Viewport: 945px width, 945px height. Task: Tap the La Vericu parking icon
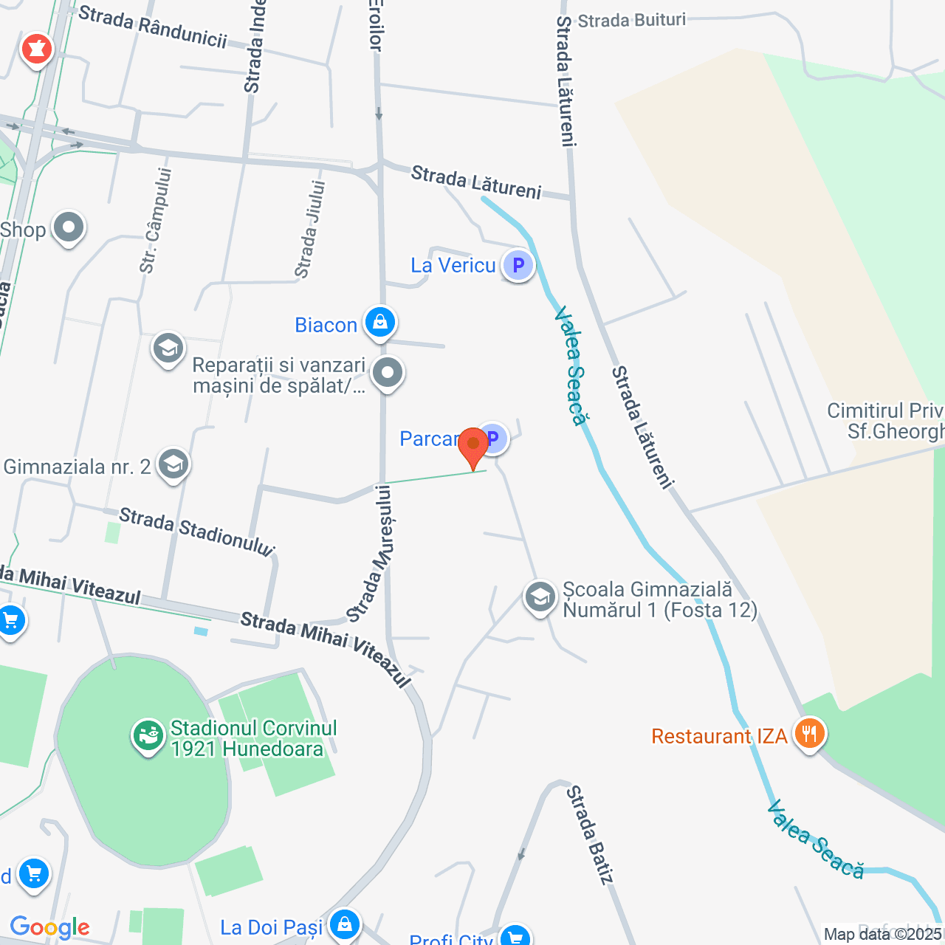(x=518, y=265)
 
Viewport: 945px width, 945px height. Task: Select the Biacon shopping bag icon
(x=380, y=323)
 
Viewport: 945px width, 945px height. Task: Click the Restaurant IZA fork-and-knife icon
(x=810, y=734)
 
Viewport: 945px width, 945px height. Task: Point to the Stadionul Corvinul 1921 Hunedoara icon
(x=148, y=736)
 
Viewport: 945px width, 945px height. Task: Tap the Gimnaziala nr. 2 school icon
(x=173, y=464)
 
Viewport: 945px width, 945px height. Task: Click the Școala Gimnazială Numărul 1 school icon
(x=540, y=597)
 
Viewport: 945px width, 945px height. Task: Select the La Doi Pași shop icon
(x=344, y=924)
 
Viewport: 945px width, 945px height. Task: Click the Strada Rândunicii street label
(x=153, y=27)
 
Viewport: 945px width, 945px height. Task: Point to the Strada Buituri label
(x=632, y=20)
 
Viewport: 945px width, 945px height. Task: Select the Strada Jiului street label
(x=310, y=229)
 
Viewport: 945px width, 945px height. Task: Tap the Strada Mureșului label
(x=372, y=553)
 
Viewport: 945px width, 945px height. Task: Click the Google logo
(x=50, y=927)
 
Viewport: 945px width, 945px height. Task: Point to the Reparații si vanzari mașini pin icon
(x=388, y=374)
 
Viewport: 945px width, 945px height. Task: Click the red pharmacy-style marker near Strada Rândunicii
(x=36, y=49)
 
